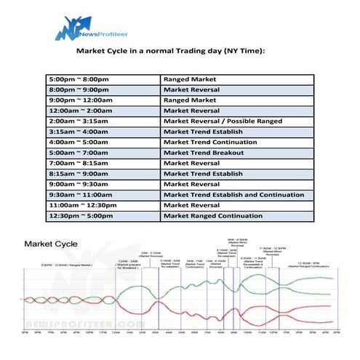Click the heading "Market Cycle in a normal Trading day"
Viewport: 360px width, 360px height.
(x=171, y=52)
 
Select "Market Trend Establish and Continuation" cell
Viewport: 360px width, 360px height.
(x=233, y=196)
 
